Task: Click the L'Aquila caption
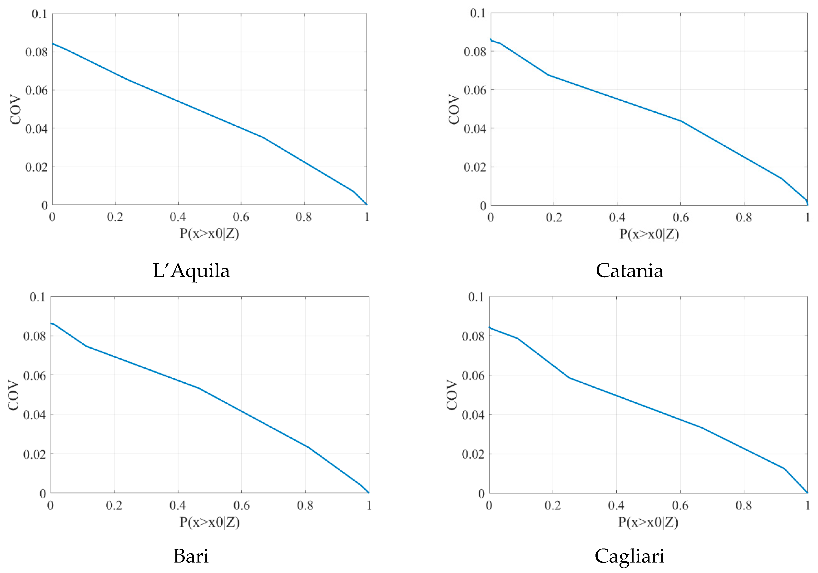191,271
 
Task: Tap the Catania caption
629,271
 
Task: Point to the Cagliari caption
629,556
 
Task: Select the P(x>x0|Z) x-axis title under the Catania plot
649,234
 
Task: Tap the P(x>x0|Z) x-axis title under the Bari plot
209,522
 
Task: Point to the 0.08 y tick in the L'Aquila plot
36,52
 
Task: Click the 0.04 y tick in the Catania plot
475,128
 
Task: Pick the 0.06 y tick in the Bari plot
35,375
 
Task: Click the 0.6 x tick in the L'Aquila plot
241,217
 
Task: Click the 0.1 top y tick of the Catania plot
478,14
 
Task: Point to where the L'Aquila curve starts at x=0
52,44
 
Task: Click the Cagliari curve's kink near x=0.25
569,377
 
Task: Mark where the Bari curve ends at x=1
369,493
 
